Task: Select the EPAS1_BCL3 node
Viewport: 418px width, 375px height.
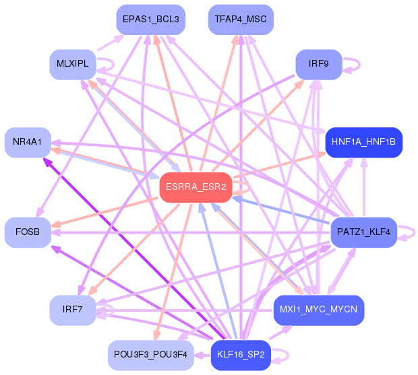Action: tap(150, 20)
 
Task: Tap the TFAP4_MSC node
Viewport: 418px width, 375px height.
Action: tap(241, 20)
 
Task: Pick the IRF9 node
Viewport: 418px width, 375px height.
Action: tap(318, 65)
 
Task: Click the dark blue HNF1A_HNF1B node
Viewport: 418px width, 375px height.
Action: tap(364, 141)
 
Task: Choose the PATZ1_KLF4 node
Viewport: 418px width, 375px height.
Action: tap(364, 232)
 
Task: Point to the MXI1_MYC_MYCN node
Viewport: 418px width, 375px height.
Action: tap(319, 310)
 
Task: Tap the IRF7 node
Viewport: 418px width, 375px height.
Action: tap(72, 310)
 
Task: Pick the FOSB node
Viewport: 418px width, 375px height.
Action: tap(27, 232)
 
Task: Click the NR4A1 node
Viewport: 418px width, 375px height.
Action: tap(27, 141)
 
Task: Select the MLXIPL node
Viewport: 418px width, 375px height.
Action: tap(72, 65)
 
